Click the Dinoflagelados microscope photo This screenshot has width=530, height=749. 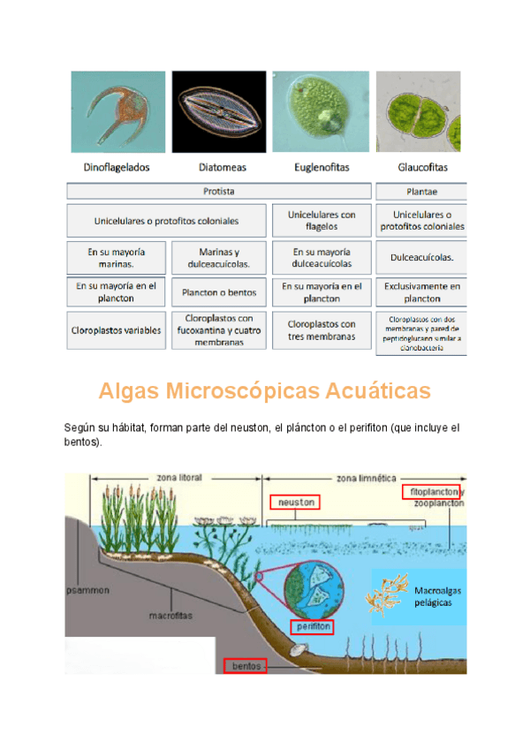117,112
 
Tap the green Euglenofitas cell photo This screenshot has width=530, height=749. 322,112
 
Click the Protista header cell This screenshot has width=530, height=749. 219,191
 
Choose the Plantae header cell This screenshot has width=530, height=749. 421,191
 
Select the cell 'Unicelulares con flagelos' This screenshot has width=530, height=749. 322,220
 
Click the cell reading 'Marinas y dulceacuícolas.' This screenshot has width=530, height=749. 219,257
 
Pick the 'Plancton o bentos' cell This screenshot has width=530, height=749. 219,292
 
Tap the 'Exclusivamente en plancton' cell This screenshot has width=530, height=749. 421,292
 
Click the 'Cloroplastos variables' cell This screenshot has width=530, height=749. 117,330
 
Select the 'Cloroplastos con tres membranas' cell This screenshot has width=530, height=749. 322,330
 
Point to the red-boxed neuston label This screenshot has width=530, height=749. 294,502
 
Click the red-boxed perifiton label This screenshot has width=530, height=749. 313,626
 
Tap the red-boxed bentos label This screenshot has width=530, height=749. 244,666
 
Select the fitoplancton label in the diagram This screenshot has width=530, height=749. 431,491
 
